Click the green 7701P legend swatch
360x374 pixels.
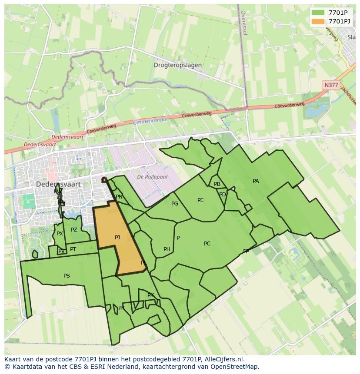(x=318, y=13)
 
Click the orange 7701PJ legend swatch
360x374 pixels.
(x=318, y=21)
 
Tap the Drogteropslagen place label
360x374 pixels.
(x=177, y=65)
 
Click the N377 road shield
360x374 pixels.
(x=331, y=85)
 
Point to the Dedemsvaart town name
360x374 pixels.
(x=58, y=184)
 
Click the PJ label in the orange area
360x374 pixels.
(x=117, y=237)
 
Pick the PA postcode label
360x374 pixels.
(x=256, y=181)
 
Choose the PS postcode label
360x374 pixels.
(x=67, y=276)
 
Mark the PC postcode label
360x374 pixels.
(x=207, y=244)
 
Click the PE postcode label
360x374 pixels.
(x=200, y=200)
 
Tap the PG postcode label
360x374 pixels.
(x=175, y=204)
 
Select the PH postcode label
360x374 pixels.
(x=167, y=249)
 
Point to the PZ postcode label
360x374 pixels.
(x=74, y=230)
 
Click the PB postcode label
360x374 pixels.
(x=217, y=184)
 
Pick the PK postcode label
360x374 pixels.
(x=150, y=295)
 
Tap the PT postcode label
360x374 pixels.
(x=73, y=249)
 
